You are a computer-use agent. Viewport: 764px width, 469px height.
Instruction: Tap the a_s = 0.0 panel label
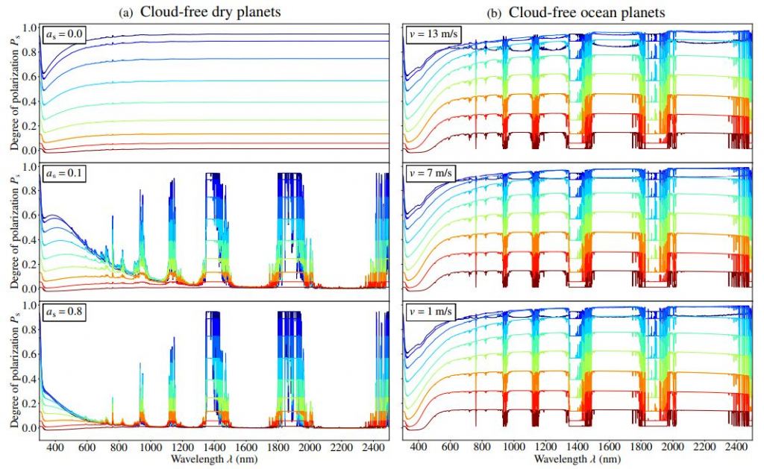tap(64, 36)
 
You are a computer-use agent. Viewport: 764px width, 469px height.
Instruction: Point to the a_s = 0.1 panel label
tap(64, 174)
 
